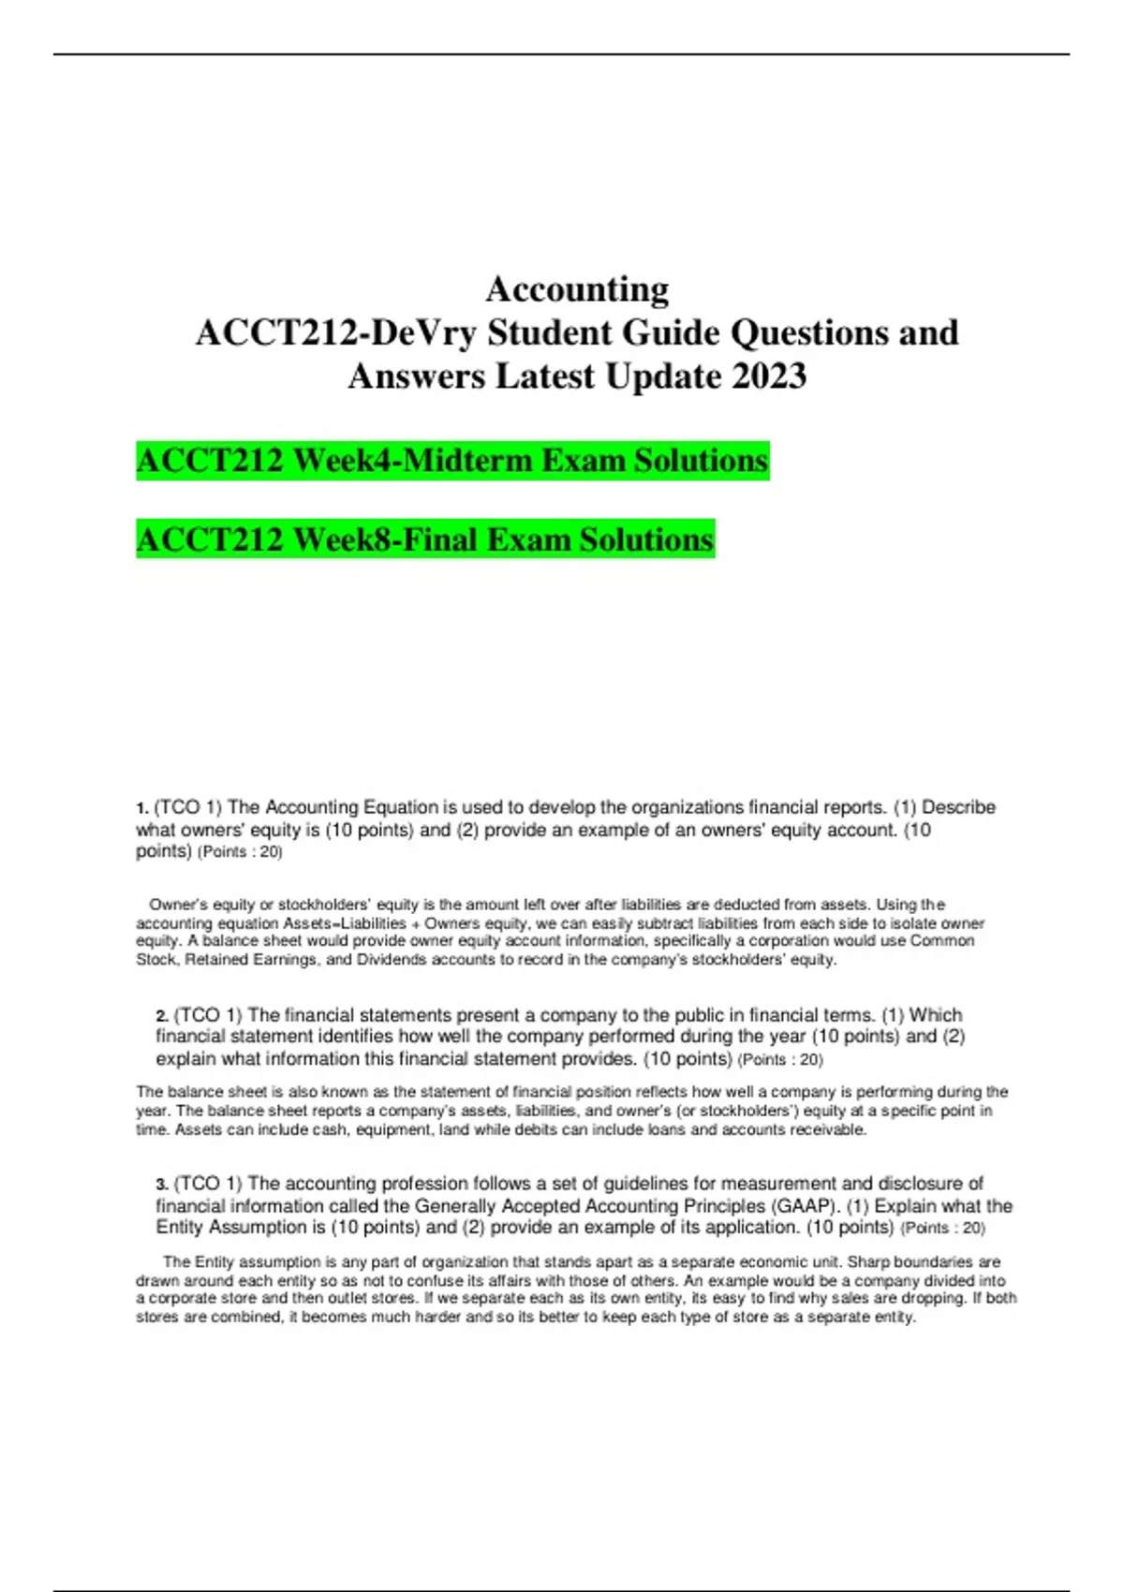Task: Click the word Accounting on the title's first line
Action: (x=577, y=289)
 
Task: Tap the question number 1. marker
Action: (x=142, y=808)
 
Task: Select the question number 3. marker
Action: (x=162, y=1185)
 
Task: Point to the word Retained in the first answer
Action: (x=221, y=960)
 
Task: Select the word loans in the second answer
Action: (x=663, y=1129)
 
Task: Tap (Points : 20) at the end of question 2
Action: (x=780, y=1060)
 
